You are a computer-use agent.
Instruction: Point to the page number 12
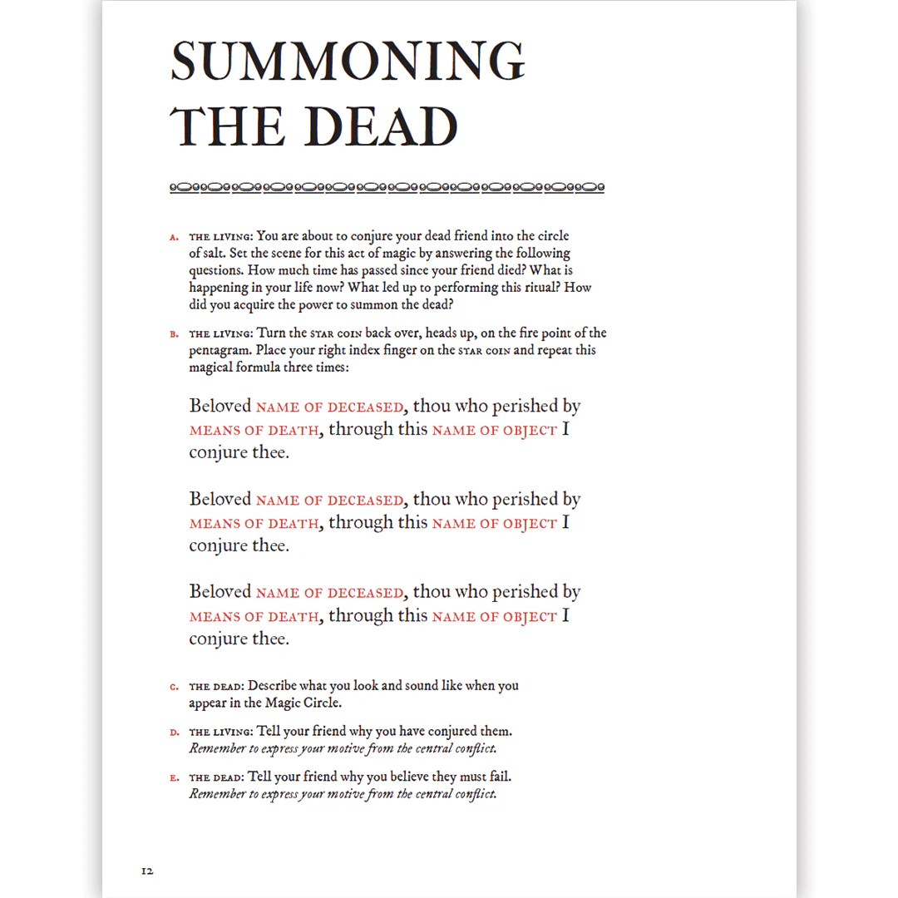tap(147, 871)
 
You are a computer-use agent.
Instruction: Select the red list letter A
tap(174, 237)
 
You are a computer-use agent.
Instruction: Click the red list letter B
tap(174, 334)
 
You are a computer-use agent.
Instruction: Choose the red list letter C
tap(174, 687)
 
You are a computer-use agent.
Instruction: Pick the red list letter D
tap(174, 733)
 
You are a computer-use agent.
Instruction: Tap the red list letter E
tap(174, 778)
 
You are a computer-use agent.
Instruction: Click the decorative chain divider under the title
tap(387, 188)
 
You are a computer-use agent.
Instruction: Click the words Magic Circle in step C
tap(301, 703)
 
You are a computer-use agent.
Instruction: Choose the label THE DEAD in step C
tap(215, 687)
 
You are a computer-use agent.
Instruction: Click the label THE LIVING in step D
tap(220, 733)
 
